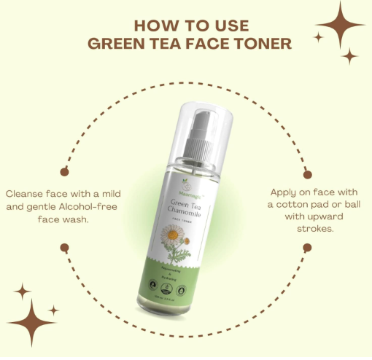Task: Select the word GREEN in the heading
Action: coord(117,43)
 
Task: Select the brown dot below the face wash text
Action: coord(64,247)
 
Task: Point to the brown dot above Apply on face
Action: coord(307,175)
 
